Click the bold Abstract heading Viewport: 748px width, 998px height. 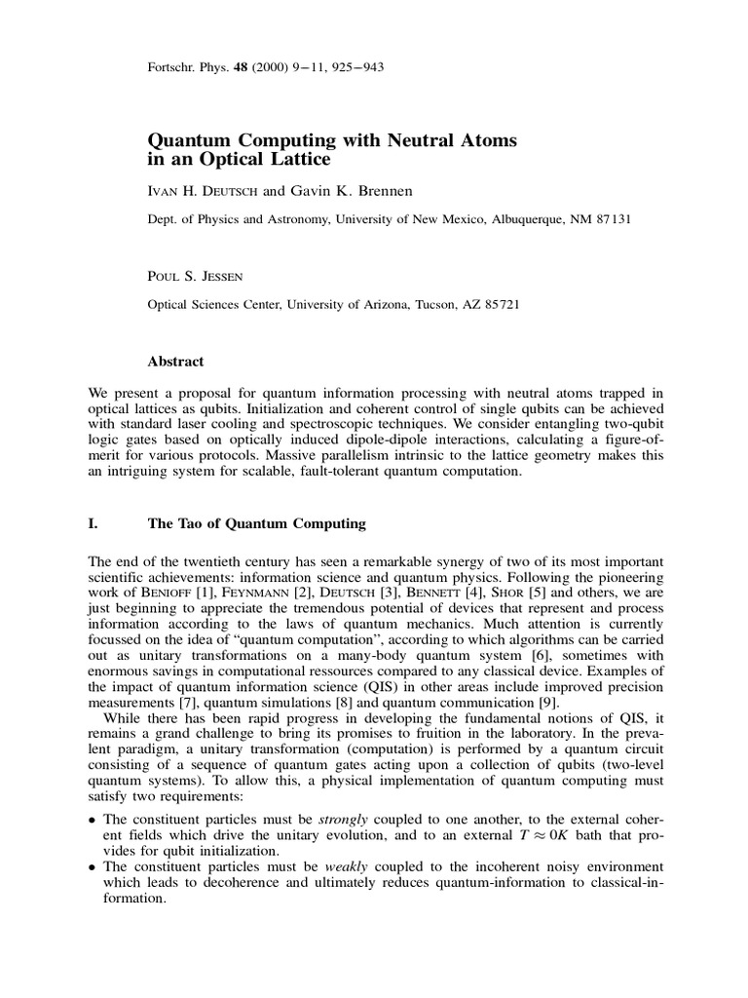175,362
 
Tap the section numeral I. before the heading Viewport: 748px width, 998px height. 93,523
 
